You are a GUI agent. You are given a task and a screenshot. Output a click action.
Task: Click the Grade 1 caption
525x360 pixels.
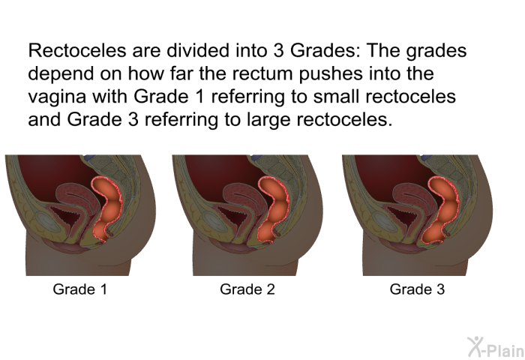point(80,289)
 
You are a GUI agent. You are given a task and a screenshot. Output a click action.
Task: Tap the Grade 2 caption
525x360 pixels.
point(247,289)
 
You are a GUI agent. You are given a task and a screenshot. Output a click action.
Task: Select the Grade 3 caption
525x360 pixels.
point(417,289)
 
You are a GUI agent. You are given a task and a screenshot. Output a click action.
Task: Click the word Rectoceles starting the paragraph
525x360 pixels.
point(77,50)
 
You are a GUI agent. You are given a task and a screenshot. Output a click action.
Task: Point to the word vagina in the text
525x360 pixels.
point(57,97)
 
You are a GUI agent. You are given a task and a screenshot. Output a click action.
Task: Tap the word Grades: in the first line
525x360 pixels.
point(325,50)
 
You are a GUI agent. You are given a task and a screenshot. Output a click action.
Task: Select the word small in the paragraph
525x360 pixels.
point(337,97)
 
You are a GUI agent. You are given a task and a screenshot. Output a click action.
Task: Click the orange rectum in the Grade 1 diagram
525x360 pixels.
point(109,207)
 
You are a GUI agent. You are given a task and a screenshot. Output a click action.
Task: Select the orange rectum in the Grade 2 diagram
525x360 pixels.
point(274,208)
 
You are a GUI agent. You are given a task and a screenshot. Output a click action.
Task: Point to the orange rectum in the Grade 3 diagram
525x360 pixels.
point(442,208)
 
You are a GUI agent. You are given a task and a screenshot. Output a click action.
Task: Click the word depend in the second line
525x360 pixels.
point(61,74)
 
